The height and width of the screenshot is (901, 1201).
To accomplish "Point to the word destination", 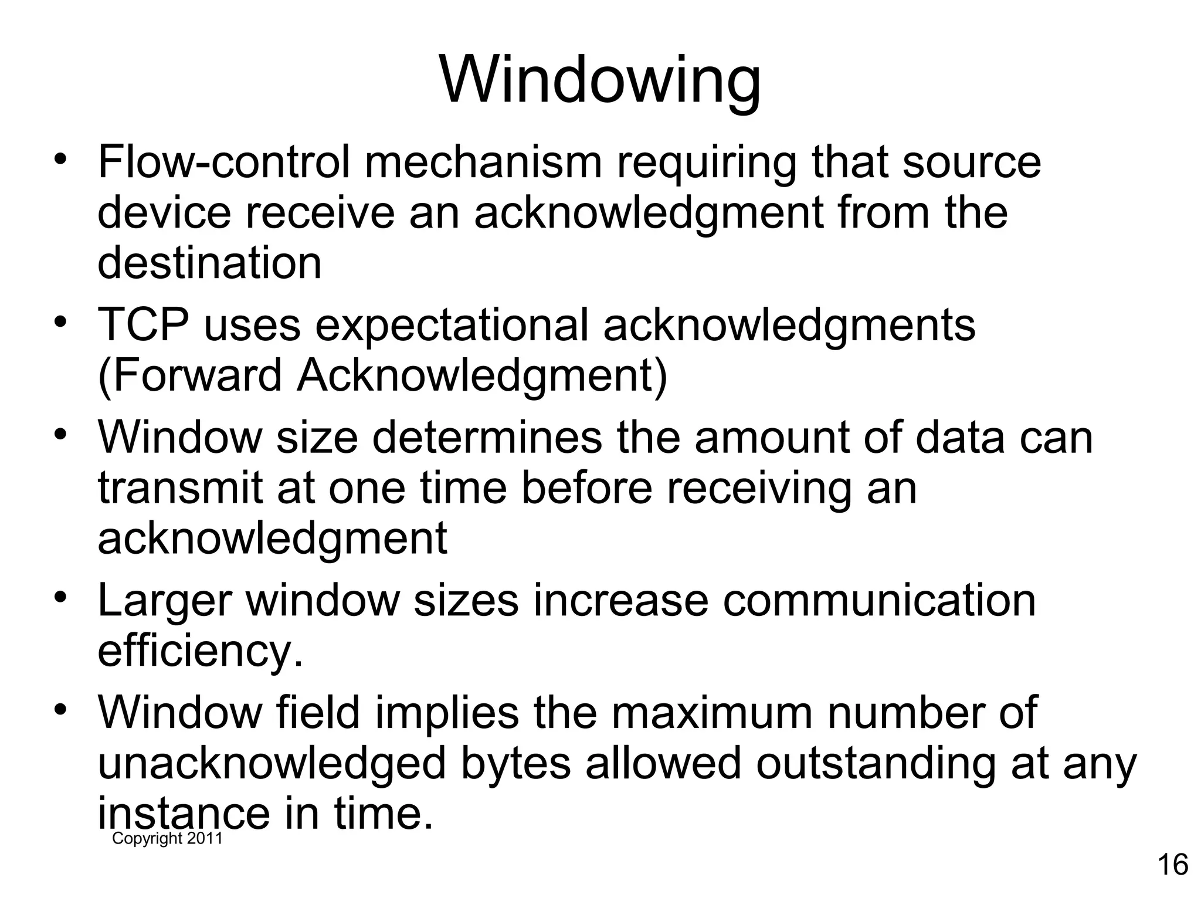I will point(209,263).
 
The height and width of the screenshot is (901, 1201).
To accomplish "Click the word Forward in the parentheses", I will point(196,375).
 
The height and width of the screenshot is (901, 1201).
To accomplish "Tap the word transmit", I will point(180,488).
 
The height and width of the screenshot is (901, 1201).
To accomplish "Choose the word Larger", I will point(164,602).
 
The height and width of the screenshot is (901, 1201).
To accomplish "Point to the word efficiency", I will point(200,651).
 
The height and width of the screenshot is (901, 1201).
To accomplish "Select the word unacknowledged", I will point(272,764).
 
